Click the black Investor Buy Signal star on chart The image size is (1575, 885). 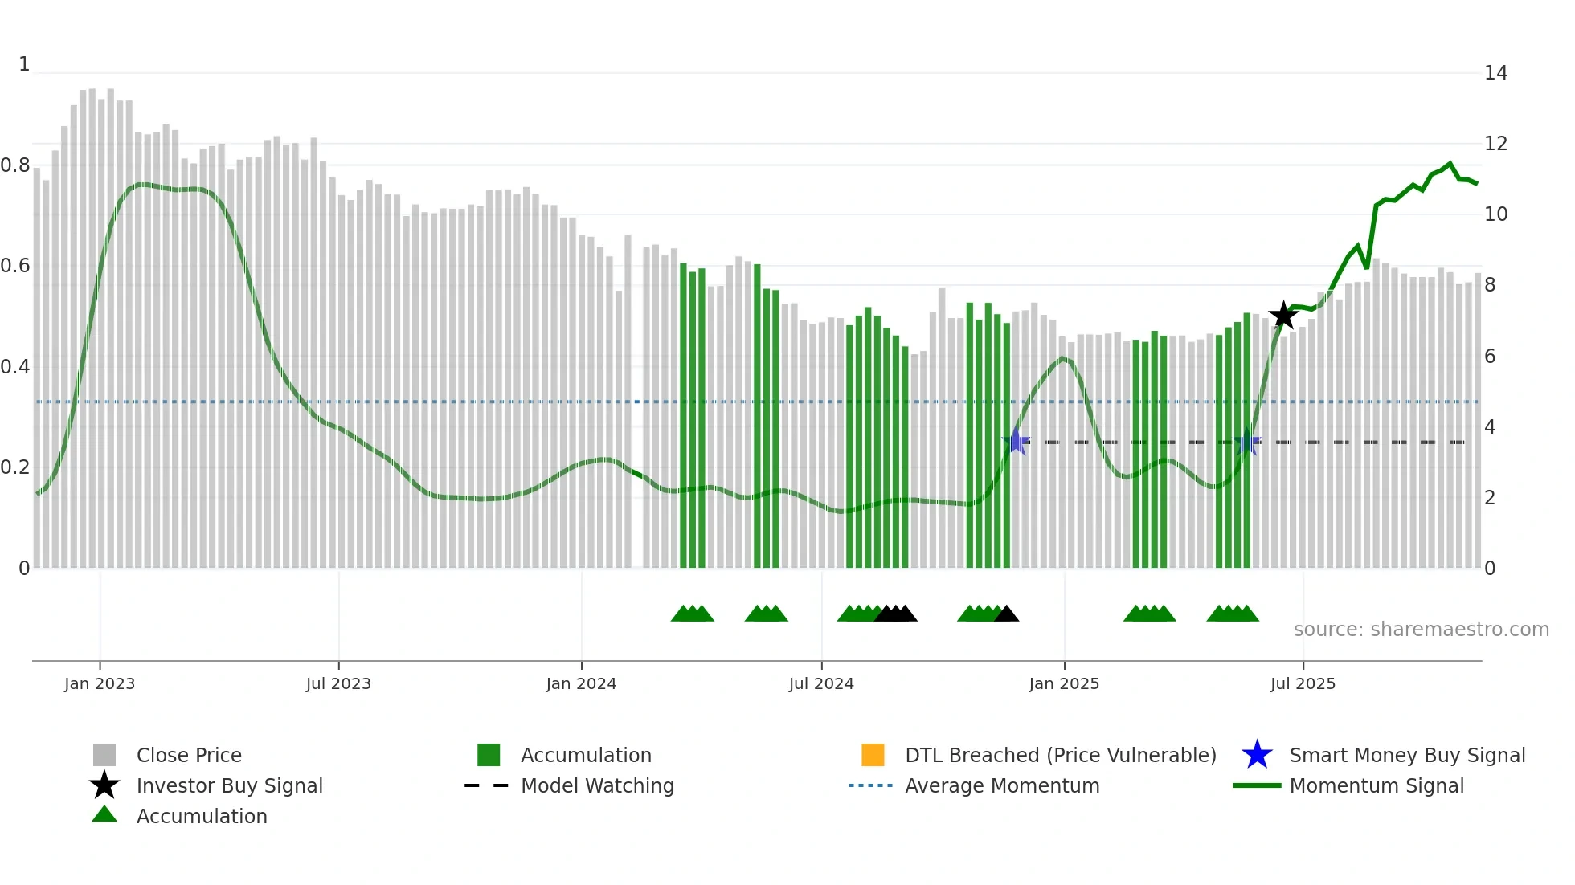[1283, 316]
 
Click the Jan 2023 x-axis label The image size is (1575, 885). [100, 683]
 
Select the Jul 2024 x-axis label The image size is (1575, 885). [821, 683]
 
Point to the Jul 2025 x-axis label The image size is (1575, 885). [1303, 683]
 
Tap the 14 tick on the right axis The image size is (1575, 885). [1495, 73]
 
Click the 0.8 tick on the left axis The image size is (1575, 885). [16, 165]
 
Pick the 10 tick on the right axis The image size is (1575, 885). [1495, 214]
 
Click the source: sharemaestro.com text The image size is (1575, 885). [1421, 630]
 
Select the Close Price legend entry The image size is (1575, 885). [189, 755]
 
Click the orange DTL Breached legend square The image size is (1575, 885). [873, 755]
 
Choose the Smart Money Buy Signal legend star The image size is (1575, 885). [1257, 755]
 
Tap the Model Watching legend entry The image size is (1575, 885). [597, 785]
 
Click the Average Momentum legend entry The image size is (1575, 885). [1001, 785]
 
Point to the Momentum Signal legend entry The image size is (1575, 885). [1376, 785]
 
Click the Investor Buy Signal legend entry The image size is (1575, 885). [229, 785]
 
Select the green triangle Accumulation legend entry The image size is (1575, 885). [201, 816]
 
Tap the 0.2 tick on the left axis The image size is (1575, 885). [16, 467]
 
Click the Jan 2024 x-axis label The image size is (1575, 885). [581, 683]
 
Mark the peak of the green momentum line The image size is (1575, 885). [1450, 164]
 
